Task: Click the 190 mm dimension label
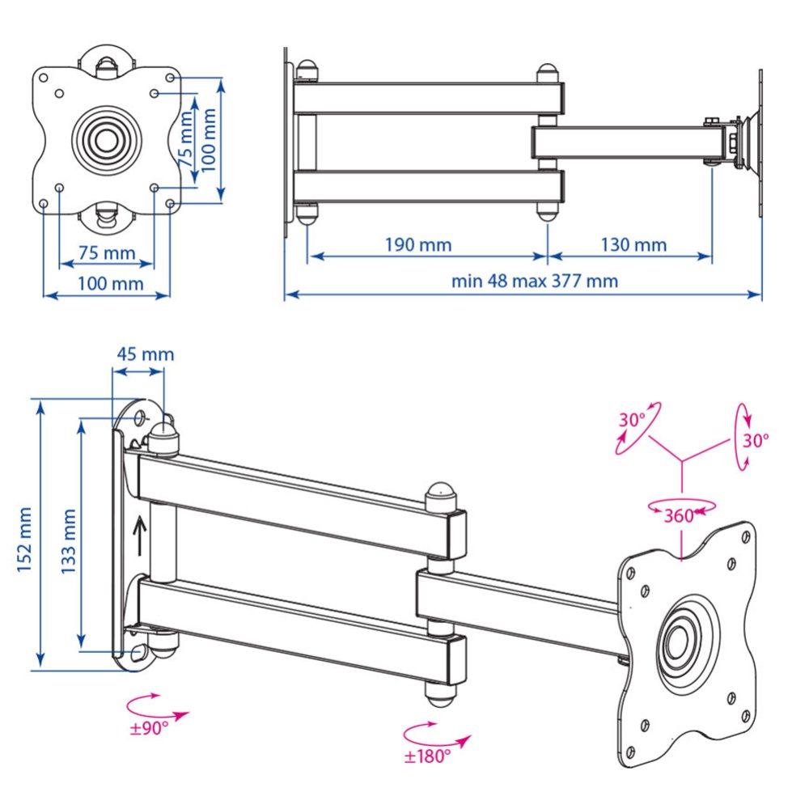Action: click(x=418, y=244)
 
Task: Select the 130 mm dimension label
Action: click(x=633, y=244)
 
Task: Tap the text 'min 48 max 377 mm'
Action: click(x=535, y=282)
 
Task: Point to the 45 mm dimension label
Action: click(x=145, y=354)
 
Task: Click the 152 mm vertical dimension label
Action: click(x=25, y=539)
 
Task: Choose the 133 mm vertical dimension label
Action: click(x=68, y=541)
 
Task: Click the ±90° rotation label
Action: click(x=149, y=728)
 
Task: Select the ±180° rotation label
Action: click(x=427, y=756)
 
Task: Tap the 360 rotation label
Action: click(x=679, y=515)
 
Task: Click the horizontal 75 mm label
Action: click(x=107, y=252)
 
